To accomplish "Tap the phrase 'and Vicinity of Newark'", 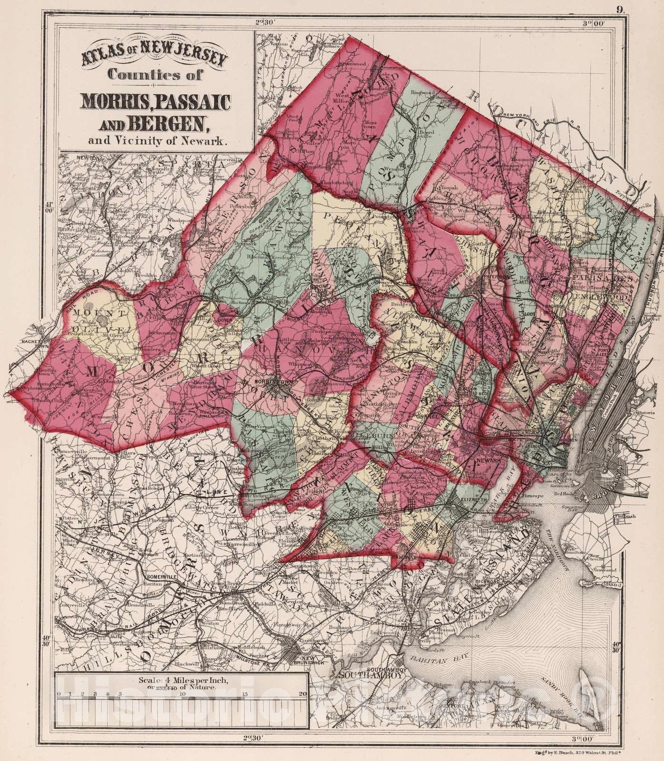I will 148,140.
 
